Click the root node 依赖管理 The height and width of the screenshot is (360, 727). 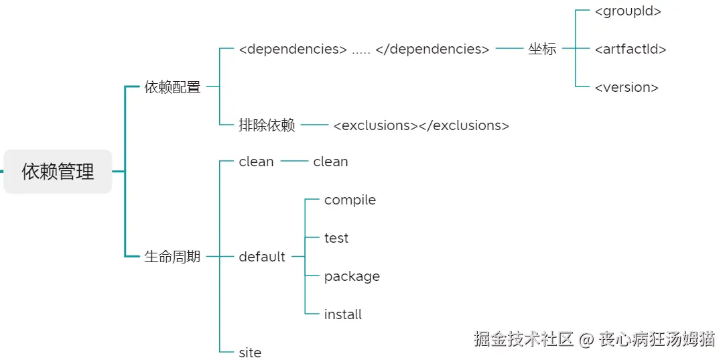tap(58, 172)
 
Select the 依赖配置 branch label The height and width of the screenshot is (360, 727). tap(172, 87)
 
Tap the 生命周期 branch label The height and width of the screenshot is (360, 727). tap(172, 257)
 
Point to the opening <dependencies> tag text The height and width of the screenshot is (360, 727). tap(293, 49)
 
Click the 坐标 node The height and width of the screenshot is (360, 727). tap(541, 49)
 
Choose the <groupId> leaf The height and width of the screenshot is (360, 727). tap(628, 11)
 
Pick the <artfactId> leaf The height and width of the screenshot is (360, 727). tap(631, 49)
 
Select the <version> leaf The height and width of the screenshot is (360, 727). tap(626, 87)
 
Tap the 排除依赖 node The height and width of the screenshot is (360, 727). tap(267, 125)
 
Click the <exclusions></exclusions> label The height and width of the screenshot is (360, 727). tap(421, 125)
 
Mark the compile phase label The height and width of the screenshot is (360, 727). tap(350, 200)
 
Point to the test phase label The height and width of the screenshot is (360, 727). tap(336, 238)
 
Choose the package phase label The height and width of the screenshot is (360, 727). tap(352, 276)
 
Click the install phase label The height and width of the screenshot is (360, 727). tap(343, 314)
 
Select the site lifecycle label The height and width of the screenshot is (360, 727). tap(250, 352)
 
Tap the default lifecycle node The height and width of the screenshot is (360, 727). tap(262, 257)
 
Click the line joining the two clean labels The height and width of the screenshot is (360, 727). tap(293, 162)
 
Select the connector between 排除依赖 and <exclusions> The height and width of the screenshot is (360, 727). tap(314, 125)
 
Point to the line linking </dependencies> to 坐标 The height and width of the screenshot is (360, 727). tap(509, 49)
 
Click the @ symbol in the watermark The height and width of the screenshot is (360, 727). tap(586, 339)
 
